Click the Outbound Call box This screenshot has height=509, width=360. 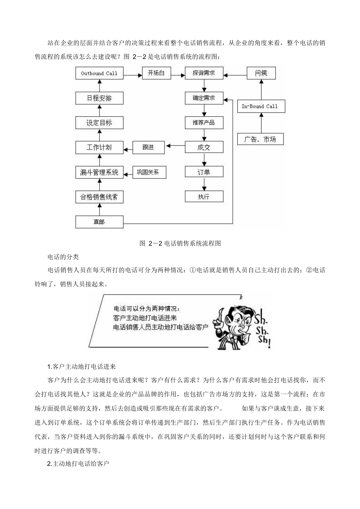coord(99,73)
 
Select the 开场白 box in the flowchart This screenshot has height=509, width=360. coord(156,73)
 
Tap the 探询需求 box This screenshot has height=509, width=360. coord(204,73)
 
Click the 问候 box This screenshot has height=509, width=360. coord(261,73)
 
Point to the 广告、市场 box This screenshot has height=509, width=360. coord(260,139)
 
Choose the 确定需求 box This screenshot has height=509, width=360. coord(204,98)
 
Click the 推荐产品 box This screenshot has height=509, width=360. coord(204,123)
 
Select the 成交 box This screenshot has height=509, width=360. coord(204,147)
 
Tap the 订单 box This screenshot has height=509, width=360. coord(204,172)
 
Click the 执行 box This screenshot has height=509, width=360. coord(204,197)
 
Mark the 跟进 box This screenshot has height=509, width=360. coord(148,147)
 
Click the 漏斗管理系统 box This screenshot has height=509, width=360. coord(99,172)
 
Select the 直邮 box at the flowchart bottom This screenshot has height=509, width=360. coord(99,222)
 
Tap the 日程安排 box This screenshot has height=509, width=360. coord(99,98)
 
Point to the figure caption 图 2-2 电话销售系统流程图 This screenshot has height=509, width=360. coord(180,243)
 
